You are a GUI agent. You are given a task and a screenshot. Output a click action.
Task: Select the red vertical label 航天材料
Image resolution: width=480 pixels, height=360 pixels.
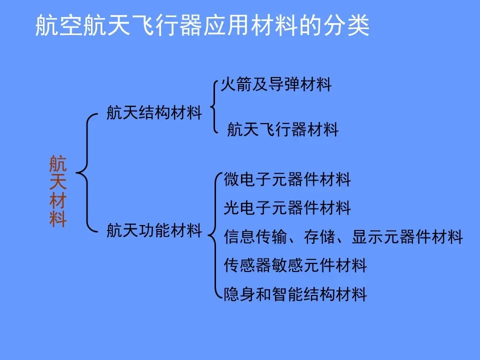click(58, 191)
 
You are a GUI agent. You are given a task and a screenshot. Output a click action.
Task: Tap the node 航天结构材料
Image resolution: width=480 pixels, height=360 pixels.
click(154, 112)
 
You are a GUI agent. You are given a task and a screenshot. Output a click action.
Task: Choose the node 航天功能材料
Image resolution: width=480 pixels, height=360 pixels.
click(154, 231)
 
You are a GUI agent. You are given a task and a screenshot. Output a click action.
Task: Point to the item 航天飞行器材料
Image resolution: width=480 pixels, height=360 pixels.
click(282, 130)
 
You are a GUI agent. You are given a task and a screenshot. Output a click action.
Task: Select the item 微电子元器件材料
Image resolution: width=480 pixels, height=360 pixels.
click(287, 179)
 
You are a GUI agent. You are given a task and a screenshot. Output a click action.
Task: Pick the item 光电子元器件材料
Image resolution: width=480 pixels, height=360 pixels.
click(287, 207)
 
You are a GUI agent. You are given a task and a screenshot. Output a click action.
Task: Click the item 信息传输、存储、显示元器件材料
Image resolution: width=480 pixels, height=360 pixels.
click(343, 236)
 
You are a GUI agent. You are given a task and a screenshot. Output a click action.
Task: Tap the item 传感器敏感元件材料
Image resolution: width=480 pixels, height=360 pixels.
click(295, 265)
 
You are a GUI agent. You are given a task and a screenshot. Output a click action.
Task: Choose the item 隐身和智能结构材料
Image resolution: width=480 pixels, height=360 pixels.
click(295, 294)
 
